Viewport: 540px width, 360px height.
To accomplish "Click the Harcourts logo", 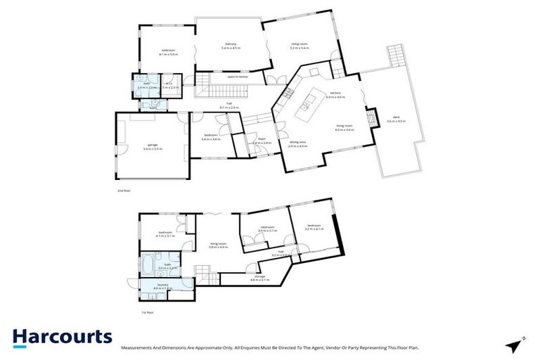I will coord(62,337).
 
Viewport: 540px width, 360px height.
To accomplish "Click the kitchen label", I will coord(335,95).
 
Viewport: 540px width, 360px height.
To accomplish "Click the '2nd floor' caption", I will coord(123,191).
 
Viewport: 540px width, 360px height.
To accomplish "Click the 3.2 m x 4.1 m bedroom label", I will coord(314,227).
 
